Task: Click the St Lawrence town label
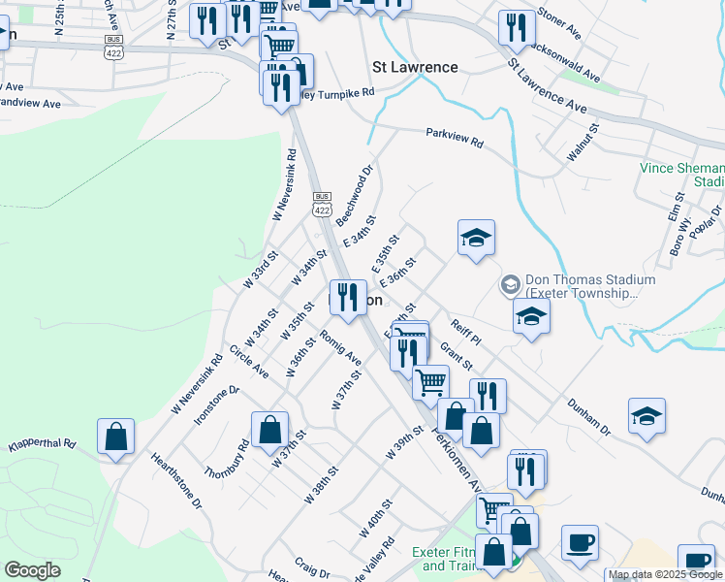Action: (415, 67)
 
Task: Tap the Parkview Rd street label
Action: (454, 137)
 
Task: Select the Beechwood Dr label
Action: (355, 196)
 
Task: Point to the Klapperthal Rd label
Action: (42, 445)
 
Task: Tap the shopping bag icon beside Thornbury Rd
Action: (269, 430)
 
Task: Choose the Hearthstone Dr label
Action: (175, 479)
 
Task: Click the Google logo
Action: (32, 570)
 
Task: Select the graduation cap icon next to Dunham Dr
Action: (646, 416)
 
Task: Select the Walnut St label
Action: (584, 142)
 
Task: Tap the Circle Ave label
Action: (249, 360)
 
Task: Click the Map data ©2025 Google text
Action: (666, 575)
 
